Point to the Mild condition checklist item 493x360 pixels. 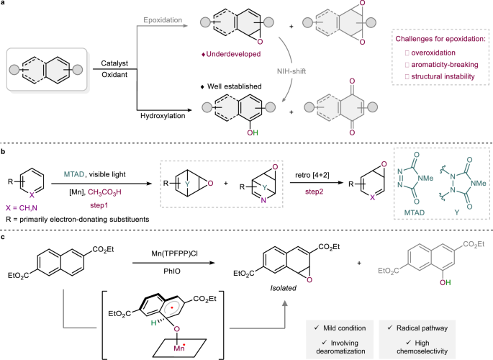pos(351,326)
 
